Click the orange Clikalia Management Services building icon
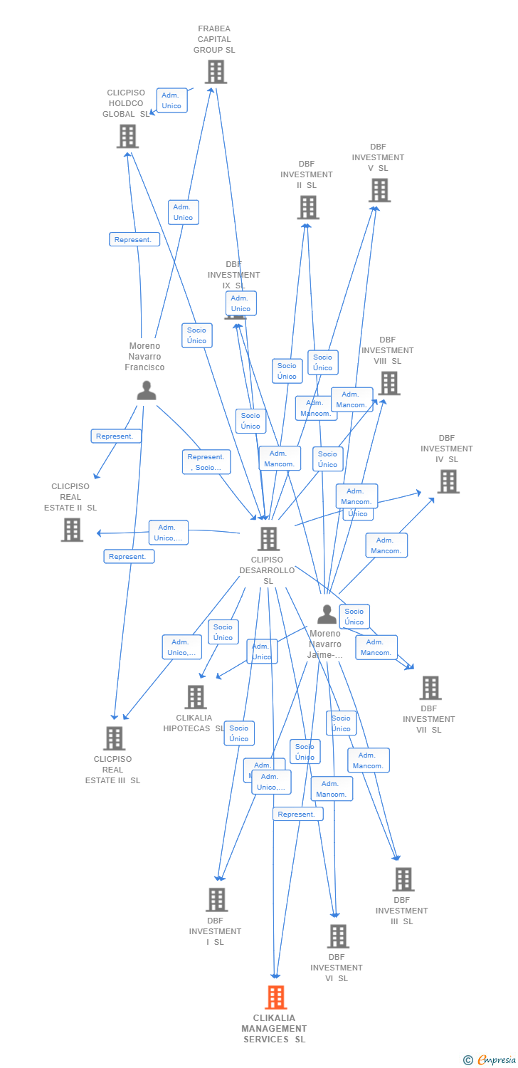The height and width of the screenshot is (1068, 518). point(276,998)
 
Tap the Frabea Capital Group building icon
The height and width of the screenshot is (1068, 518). point(216,71)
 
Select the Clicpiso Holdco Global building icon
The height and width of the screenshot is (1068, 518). point(127,136)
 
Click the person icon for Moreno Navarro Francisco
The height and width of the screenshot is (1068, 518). point(147,390)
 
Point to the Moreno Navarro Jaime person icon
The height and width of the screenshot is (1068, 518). point(327,614)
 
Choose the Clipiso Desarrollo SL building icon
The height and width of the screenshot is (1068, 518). point(268,539)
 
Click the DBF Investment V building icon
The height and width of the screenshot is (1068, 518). point(380,190)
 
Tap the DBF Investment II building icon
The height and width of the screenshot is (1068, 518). point(308,207)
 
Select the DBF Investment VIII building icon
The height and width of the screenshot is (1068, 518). point(388,383)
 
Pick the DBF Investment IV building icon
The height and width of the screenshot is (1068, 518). point(448,481)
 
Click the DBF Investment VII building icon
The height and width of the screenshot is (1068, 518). point(430,688)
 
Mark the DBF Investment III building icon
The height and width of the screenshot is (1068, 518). point(403,879)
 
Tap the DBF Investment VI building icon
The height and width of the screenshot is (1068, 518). point(338,936)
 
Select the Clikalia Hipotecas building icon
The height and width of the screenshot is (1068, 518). point(196,697)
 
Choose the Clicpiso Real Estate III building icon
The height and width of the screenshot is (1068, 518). point(114,738)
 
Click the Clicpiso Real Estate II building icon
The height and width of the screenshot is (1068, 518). point(72,530)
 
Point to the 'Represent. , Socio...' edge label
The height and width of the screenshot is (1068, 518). point(206,462)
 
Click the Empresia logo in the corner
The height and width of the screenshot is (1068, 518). point(490,1059)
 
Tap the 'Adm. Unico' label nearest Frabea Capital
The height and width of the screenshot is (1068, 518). point(171,100)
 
